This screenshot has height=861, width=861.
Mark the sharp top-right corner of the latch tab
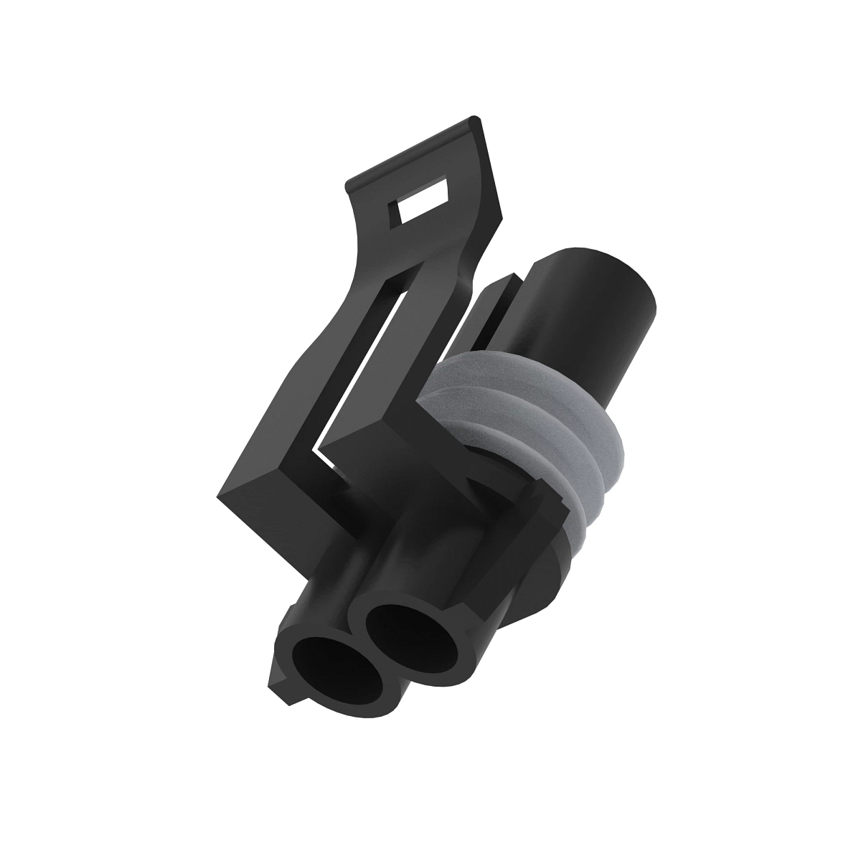pyautogui.click(x=476, y=118)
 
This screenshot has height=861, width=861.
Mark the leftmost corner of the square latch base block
pyautogui.click(x=218, y=495)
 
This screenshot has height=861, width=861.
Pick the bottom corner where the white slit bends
pyautogui.click(x=316, y=453)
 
